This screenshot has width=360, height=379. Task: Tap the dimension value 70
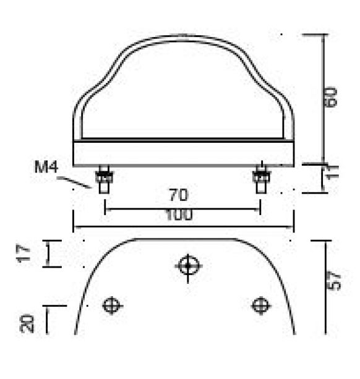[x=179, y=196]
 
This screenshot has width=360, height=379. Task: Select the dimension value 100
[x=179, y=215]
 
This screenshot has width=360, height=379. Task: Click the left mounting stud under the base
[x=104, y=180]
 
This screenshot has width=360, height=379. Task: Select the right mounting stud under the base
[x=260, y=180]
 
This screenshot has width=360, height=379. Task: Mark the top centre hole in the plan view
[x=187, y=266]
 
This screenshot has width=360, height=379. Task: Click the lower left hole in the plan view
[x=111, y=305]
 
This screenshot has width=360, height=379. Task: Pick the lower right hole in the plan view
[x=260, y=305]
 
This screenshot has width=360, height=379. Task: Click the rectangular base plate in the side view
[x=183, y=153]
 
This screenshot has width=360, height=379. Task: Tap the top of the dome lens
[x=183, y=38]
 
